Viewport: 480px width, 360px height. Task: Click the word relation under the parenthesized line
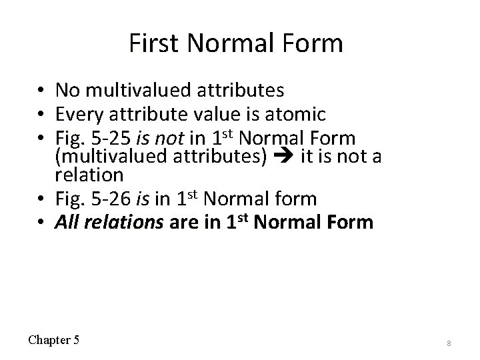pos(89,175)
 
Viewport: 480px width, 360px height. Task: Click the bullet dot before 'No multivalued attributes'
pos(41,90)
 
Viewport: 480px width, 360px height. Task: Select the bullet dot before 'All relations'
pos(41,221)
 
